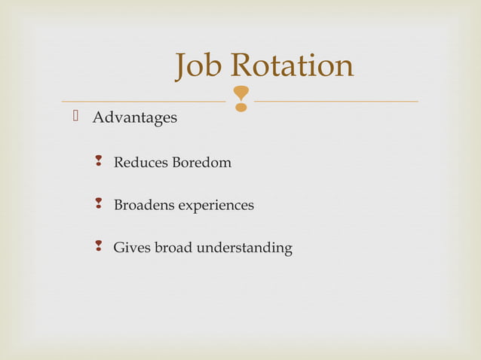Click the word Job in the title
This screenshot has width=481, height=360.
coord(200,66)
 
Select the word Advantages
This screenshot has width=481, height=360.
coord(135,118)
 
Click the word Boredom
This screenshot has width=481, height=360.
coord(202,162)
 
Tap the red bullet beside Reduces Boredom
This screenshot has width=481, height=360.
coord(98,162)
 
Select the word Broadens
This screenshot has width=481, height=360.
coord(143,205)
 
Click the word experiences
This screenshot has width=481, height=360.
coord(216,205)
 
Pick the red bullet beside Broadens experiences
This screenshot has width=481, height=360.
coord(98,205)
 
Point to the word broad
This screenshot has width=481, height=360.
coord(173,247)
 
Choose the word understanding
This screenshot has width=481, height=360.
coord(244,248)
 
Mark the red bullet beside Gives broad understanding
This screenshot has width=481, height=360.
coord(98,247)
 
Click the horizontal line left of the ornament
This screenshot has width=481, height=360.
coord(143,101)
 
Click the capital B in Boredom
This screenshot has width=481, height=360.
coord(177,162)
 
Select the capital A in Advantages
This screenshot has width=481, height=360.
coord(97,118)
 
